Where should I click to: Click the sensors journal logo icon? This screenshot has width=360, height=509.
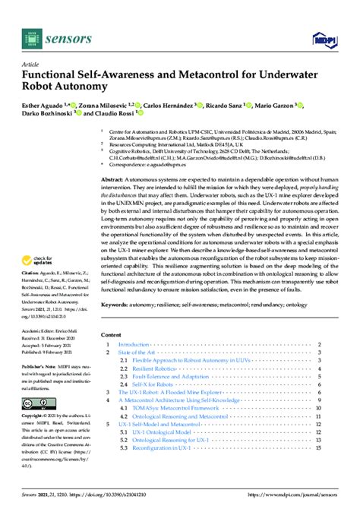click(30, 37)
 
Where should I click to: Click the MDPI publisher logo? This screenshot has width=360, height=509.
click(323, 39)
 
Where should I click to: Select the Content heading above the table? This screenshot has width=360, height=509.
click(111, 334)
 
